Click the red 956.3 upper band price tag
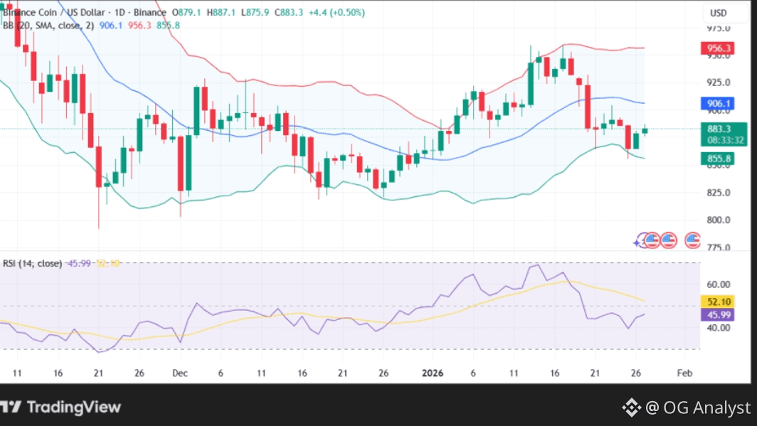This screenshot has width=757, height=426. [718, 48]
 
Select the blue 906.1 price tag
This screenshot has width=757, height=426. [718, 103]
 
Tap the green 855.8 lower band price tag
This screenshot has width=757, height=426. [718, 159]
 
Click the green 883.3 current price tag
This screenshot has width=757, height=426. [718, 129]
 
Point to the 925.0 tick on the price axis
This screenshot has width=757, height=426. [718, 82]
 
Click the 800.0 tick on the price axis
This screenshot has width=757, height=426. [718, 220]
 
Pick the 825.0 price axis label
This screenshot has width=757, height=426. [718, 193]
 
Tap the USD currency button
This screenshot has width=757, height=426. [718, 13]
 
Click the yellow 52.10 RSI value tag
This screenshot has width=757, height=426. [718, 302]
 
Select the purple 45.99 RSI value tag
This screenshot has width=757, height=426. [718, 315]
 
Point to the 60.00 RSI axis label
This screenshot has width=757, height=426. [718, 284]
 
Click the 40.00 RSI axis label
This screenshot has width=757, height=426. [718, 328]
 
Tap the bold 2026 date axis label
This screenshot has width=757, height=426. [433, 373]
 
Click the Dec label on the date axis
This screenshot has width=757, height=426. [179, 373]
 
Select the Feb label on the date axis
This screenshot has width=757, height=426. [684, 373]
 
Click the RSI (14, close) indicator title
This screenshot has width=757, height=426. [31, 263]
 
